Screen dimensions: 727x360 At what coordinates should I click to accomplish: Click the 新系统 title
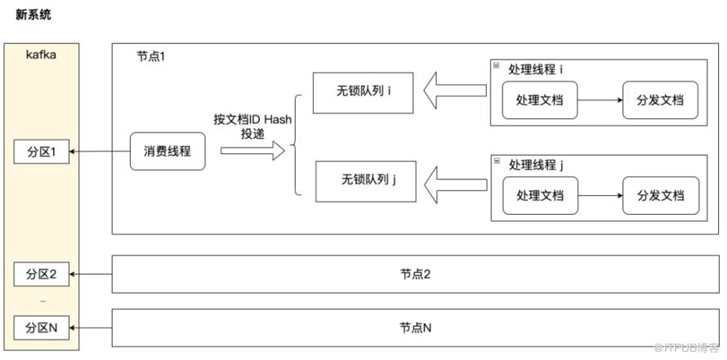pos(33,15)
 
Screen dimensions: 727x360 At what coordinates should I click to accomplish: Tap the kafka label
pos(42,56)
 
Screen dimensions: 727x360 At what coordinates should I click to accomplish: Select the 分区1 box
pos(42,152)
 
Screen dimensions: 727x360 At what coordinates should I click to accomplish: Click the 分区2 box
pos(42,274)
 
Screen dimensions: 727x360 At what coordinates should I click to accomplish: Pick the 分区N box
pos(42,328)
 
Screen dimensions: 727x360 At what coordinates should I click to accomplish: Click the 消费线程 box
pos(167,151)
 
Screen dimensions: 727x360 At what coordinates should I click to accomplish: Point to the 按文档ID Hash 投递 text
pos(252,127)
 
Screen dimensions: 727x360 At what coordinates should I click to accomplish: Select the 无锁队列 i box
pos(363,93)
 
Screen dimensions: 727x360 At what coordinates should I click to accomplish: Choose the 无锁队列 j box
pos(366,181)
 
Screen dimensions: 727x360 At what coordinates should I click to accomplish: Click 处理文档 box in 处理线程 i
pos(540,100)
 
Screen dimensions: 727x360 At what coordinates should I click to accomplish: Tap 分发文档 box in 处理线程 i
pos(660,100)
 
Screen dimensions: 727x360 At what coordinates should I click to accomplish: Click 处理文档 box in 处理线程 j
pos(541,196)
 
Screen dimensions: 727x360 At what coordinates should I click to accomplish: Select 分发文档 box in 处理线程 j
pos(661,196)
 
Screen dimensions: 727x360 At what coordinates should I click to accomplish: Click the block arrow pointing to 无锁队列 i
pos(455,91)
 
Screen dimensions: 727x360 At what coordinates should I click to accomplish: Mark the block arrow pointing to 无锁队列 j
pos(455,184)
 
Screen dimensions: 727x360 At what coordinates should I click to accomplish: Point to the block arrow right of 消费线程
pos(252,150)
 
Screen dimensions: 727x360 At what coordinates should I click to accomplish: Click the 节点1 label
pos(150,57)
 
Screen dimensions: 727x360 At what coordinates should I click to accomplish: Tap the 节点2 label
pos(416,274)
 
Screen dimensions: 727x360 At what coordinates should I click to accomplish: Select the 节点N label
pos(416,328)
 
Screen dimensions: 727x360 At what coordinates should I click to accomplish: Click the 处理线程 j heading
pos(536,164)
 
